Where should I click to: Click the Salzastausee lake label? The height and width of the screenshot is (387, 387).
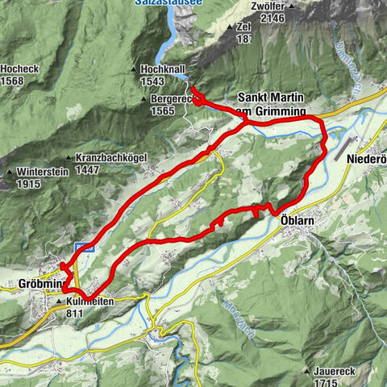click(170, 4)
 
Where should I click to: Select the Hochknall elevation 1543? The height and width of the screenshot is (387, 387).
click(153, 82)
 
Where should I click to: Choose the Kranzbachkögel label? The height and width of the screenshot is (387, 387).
click(113, 158)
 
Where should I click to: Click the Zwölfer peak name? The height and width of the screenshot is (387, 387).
click(271, 5)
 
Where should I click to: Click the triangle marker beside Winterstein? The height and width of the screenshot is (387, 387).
click(10, 173)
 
